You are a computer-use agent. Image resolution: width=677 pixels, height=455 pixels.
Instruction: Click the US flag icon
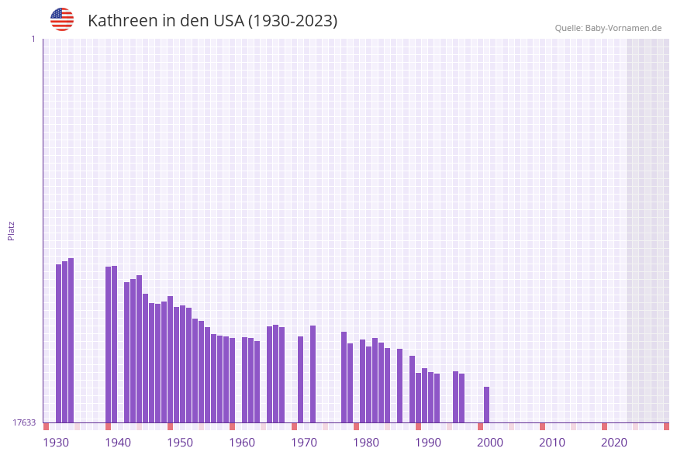(62, 19)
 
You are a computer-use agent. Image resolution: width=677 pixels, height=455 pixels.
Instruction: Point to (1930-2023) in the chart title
(292, 21)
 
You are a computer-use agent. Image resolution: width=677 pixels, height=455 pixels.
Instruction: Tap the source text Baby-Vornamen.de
(623, 28)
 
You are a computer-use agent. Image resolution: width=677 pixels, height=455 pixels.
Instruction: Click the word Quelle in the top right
(568, 28)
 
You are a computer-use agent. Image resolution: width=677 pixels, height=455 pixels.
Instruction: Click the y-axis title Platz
(12, 231)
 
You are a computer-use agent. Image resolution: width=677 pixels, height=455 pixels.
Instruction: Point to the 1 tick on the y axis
(33, 39)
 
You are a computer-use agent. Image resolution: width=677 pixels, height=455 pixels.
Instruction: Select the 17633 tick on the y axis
(24, 422)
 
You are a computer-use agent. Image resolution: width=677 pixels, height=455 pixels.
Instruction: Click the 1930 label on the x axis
(56, 443)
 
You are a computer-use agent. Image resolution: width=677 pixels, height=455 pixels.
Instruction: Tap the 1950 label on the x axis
(180, 443)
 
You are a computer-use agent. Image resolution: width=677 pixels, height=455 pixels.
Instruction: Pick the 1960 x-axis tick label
(242, 443)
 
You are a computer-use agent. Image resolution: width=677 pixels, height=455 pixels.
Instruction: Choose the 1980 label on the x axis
(366, 443)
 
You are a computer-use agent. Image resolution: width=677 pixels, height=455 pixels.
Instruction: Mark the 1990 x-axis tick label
(428, 443)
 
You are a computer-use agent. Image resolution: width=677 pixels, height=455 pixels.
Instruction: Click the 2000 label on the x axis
(490, 443)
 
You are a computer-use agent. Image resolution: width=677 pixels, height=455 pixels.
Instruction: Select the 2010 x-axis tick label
(552, 443)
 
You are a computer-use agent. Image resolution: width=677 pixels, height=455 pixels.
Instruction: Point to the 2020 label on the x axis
(614, 443)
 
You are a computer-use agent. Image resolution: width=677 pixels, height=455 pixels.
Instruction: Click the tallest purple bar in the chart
(71, 341)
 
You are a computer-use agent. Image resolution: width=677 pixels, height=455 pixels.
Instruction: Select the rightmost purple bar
(487, 405)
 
